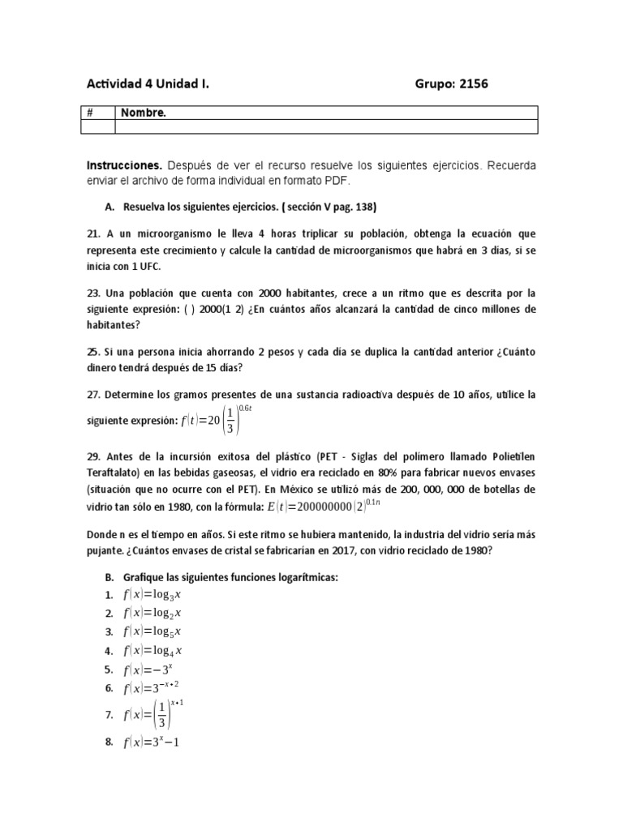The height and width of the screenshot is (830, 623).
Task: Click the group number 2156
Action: click(470, 83)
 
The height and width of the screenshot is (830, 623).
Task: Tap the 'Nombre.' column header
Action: click(144, 113)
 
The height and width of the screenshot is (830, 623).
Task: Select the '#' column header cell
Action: click(91, 113)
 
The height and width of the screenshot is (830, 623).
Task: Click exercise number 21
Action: click(92, 233)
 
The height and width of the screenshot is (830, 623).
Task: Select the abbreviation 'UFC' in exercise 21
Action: click(149, 267)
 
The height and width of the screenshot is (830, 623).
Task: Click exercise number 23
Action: click(92, 293)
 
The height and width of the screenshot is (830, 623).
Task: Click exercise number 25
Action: click(92, 353)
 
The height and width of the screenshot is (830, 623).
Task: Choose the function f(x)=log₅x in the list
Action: click(152, 631)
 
